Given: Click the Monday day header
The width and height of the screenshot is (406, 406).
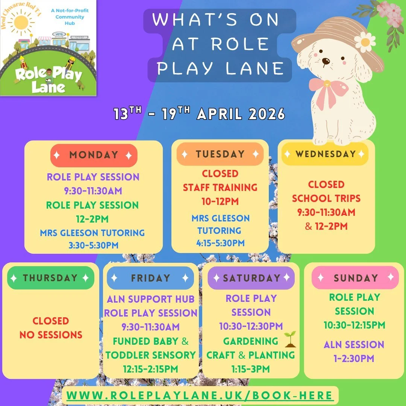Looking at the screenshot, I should point(94,155).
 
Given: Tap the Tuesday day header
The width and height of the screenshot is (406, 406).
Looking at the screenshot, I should point(220,154).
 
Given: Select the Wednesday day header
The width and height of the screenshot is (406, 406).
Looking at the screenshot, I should point(325,154).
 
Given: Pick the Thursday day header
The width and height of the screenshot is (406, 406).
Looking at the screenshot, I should point(50,278).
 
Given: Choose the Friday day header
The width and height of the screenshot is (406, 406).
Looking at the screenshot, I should point(150,278).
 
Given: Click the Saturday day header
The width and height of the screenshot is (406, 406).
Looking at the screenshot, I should point(251,278).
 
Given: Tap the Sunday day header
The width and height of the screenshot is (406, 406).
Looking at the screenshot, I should point(355,278).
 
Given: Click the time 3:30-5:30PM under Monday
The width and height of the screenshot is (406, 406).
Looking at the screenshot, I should point(93,245).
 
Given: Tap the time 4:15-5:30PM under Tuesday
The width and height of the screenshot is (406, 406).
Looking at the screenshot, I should point(220,243).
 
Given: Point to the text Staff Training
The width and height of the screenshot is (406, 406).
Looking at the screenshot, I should point(220,187).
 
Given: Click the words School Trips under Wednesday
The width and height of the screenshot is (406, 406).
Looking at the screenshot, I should point(326,198).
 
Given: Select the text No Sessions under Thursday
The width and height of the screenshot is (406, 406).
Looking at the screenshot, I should point(51,335).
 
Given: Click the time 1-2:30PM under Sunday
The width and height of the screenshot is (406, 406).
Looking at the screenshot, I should point(354,358).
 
